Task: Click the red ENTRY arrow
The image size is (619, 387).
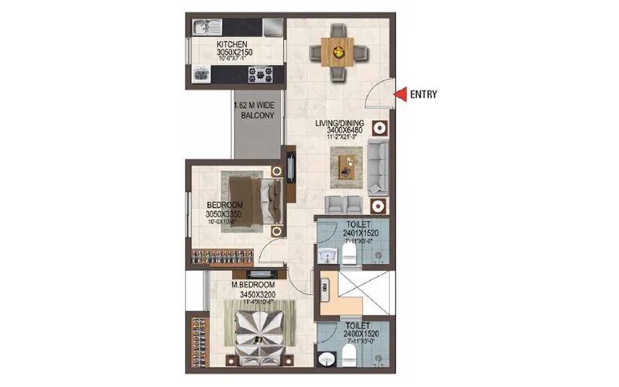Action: [x=400, y=94]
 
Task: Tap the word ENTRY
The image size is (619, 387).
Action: [x=423, y=95]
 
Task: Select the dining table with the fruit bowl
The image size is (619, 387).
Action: [x=336, y=53]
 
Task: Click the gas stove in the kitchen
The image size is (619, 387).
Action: [x=258, y=75]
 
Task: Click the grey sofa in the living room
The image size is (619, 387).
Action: [x=378, y=167]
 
